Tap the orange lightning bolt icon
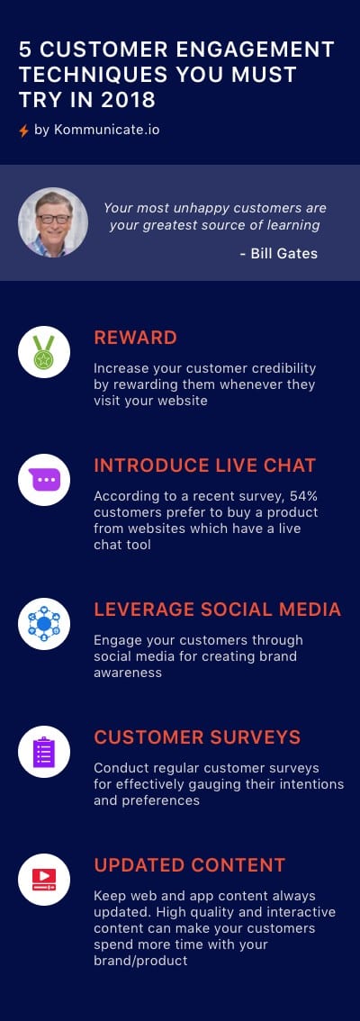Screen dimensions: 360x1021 (x=23, y=131)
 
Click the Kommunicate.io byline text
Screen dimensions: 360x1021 (x=97, y=131)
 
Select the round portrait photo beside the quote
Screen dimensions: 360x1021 (x=53, y=222)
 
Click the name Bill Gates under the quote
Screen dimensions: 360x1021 (x=283, y=254)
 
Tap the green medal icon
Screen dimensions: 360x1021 (x=43, y=352)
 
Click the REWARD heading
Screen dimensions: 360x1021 (x=135, y=338)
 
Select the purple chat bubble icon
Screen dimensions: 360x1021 (x=43, y=480)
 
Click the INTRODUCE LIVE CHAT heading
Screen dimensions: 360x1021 (x=205, y=465)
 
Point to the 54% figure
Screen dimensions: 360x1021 (x=302, y=496)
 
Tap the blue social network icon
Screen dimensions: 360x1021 (x=43, y=624)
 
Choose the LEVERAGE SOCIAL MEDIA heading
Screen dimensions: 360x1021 (x=218, y=609)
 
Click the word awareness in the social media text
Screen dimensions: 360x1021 (x=128, y=673)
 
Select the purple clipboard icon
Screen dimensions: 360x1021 (x=43, y=752)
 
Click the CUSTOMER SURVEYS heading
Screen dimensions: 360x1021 (x=197, y=737)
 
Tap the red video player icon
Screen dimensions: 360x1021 (x=43, y=880)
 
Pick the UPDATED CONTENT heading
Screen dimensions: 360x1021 (x=189, y=864)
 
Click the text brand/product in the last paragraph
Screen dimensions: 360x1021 (x=140, y=961)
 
